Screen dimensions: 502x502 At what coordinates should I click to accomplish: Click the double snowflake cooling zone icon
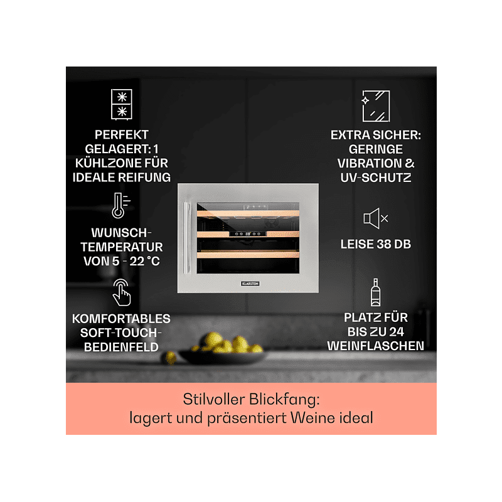(121, 105)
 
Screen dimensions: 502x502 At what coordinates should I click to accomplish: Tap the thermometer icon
(120, 206)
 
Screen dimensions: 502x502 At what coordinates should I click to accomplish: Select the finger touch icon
(121, 292)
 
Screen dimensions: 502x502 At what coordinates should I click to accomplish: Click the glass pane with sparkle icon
(375, 106)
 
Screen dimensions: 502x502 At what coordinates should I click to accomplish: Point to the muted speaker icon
(375, 218)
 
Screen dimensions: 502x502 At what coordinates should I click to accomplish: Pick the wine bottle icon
(375, 292)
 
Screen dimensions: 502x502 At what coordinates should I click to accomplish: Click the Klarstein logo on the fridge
(250, 284)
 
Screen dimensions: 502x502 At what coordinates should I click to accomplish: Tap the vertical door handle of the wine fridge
(186, 238)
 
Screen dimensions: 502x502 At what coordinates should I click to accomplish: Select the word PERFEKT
(122, 135)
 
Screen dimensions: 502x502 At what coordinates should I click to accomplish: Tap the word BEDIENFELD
(121, 347)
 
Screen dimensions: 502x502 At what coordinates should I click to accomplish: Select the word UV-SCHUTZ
(375, 178)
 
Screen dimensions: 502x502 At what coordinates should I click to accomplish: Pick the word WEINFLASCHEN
(375, 346)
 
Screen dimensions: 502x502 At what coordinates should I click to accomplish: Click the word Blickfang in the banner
(285, 399)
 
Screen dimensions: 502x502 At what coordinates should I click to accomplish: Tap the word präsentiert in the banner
(247, 418)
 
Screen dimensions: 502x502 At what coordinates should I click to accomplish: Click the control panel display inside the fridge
(247, 233)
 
